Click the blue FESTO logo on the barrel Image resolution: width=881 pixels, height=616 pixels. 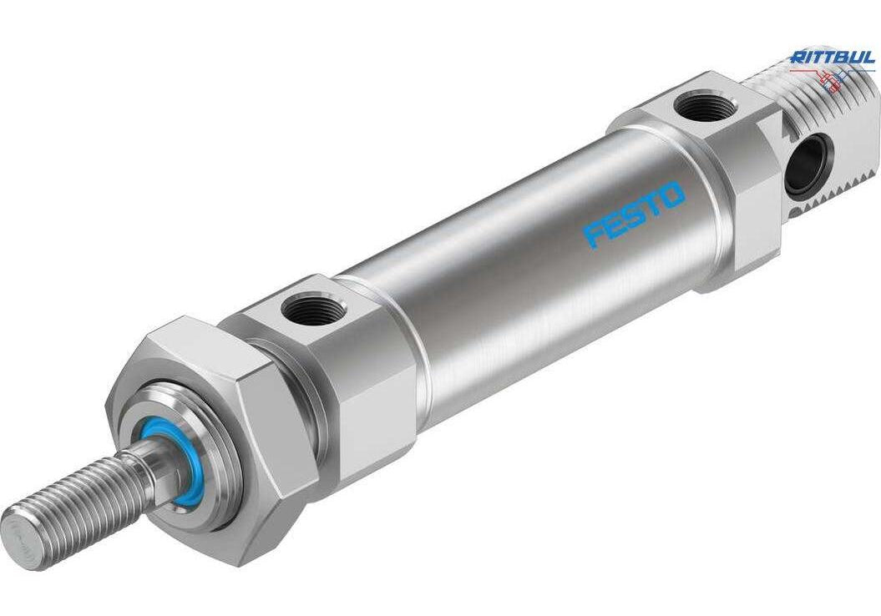point(635,214)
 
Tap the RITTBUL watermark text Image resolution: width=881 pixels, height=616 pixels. point(832,58)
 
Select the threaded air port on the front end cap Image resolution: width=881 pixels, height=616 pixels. point(306,308)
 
